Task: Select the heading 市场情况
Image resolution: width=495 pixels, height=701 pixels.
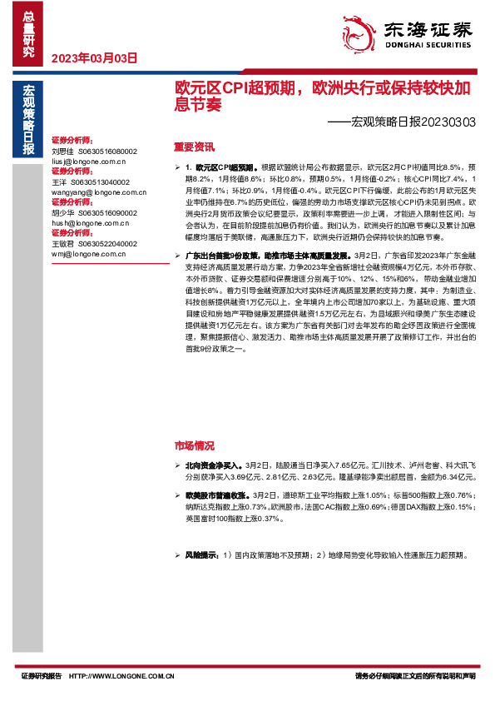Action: tap(193, 445)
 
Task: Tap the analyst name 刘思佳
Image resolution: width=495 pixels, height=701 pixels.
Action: tap(62, 151)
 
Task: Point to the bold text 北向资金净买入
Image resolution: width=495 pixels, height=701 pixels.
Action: tap(211, 466)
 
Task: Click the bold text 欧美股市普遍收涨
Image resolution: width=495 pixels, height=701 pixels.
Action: tap(216, 495)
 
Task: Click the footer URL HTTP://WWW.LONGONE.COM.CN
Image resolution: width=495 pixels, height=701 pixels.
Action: tap(121, 676)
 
